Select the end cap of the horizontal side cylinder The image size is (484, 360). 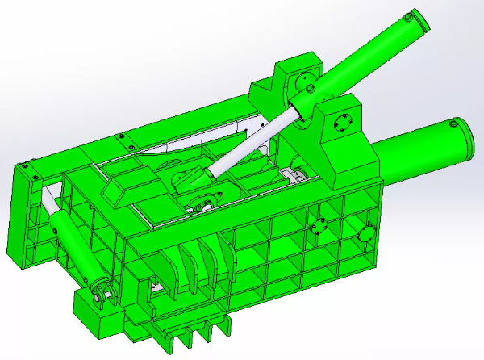(x=457, y=138)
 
